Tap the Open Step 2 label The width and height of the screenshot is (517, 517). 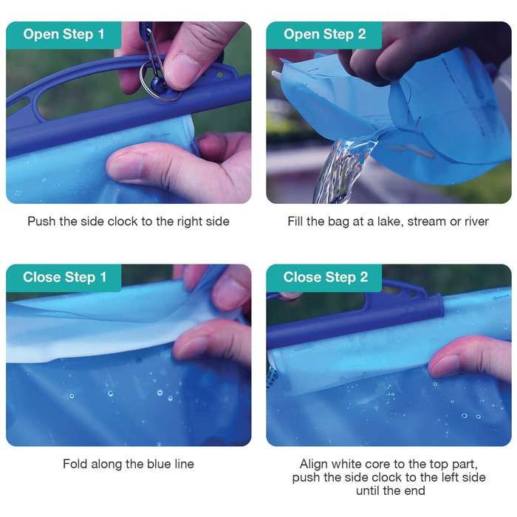[325, 34]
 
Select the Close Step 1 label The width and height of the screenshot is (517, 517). [64, 277]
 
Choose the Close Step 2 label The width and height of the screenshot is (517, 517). [325, 277]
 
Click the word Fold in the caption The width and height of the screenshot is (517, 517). [76, 464]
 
